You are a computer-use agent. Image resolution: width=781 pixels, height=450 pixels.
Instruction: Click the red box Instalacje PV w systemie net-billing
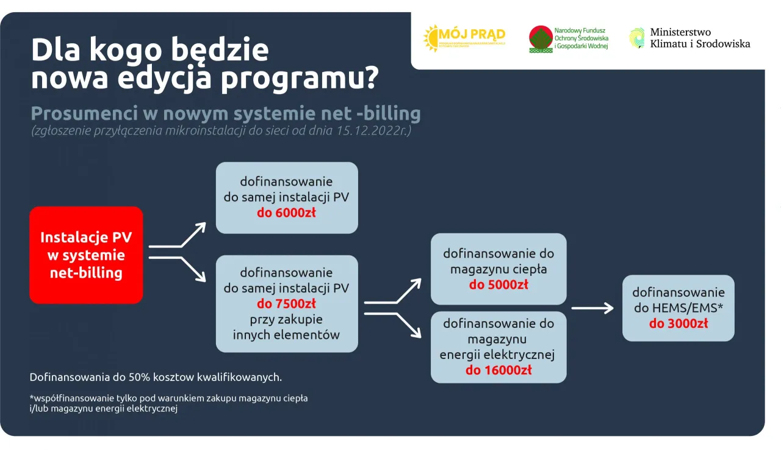[x=86, y=255]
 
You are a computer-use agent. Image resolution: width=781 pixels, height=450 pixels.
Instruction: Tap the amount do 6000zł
[x=287, y=213]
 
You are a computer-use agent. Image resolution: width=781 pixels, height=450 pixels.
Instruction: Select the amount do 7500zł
[x=287, y=303]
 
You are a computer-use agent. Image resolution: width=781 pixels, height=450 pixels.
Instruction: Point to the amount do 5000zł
[x=498, y=285]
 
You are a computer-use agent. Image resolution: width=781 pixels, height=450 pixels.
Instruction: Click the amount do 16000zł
[x=498, y=369]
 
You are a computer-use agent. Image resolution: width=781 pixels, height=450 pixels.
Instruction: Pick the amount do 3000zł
[x=678, y=324]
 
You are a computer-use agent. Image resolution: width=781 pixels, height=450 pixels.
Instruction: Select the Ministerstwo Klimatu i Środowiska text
[x=699, y=38]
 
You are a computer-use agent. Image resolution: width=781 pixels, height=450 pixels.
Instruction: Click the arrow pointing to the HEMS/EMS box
[x=592, y=308]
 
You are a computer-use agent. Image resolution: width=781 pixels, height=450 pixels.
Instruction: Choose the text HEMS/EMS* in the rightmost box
[x=678, y=308]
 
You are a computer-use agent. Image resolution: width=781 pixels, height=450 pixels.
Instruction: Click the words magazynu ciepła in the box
[x=498, y=269]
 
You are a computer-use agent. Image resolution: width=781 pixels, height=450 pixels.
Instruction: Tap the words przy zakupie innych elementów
[x=287, y=327]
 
